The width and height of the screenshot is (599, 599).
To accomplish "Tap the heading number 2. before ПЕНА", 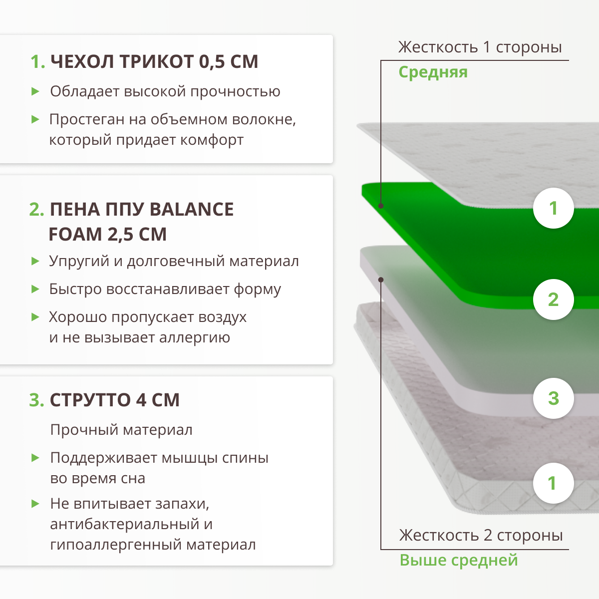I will pos(37,210).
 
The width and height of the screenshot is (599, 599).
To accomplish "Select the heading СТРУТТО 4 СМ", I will pos(114,400).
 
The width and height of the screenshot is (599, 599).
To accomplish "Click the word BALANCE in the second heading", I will pos(191,210).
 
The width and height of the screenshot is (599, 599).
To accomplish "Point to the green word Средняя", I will pos(433,72).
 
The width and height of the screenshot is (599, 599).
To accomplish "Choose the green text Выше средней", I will pos(458,560).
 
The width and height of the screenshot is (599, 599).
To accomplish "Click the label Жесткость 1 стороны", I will pos(480,47).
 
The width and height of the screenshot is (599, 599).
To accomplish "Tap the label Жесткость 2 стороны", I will pos(481,536).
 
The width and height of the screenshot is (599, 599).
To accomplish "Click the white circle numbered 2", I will pos(553,299).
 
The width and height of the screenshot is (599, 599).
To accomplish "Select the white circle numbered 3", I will pos(553,398).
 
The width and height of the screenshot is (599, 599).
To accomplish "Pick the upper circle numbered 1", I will pos(553,208).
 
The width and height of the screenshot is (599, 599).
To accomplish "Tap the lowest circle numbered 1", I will pos(553,483).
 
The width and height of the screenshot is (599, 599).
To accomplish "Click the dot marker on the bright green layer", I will pos(381,206).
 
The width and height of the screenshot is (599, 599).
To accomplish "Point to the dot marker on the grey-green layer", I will pos(381,280).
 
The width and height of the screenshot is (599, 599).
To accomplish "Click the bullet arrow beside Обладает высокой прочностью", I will pos(35,91).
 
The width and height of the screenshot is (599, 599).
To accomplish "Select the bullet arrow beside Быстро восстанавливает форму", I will pos(35,289).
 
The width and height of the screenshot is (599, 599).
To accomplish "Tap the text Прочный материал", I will pos(121,430).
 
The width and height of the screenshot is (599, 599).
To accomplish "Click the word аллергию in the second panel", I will pos(195,338).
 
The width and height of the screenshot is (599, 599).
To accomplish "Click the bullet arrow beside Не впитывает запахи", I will pos(35,504).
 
